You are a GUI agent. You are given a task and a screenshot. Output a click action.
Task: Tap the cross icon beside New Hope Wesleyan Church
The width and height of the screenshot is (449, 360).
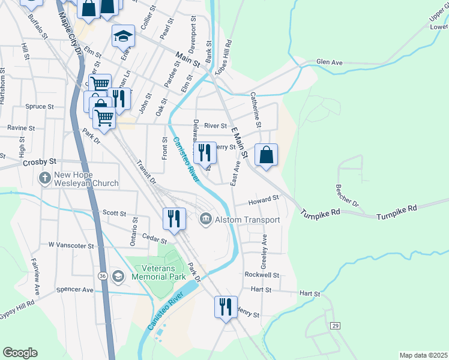[x=44, y=178]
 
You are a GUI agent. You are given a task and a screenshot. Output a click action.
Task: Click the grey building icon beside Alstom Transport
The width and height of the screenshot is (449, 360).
[x=205, y=220]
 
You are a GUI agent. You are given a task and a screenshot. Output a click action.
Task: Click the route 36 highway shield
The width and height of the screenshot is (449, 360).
[x=103, y=275]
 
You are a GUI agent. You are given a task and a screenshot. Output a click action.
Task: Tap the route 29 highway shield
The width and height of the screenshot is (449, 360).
[x=335, y=325]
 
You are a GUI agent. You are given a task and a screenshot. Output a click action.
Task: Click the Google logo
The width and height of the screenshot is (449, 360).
[x=20, y=353]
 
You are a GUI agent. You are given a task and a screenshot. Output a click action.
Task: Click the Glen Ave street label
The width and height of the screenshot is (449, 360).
[x=329, y=62]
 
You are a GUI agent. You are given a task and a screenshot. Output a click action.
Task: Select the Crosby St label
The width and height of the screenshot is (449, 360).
[x=39, y=162]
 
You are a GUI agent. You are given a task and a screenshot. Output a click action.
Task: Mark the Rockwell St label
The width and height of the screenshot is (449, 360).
[x=262, y=275]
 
